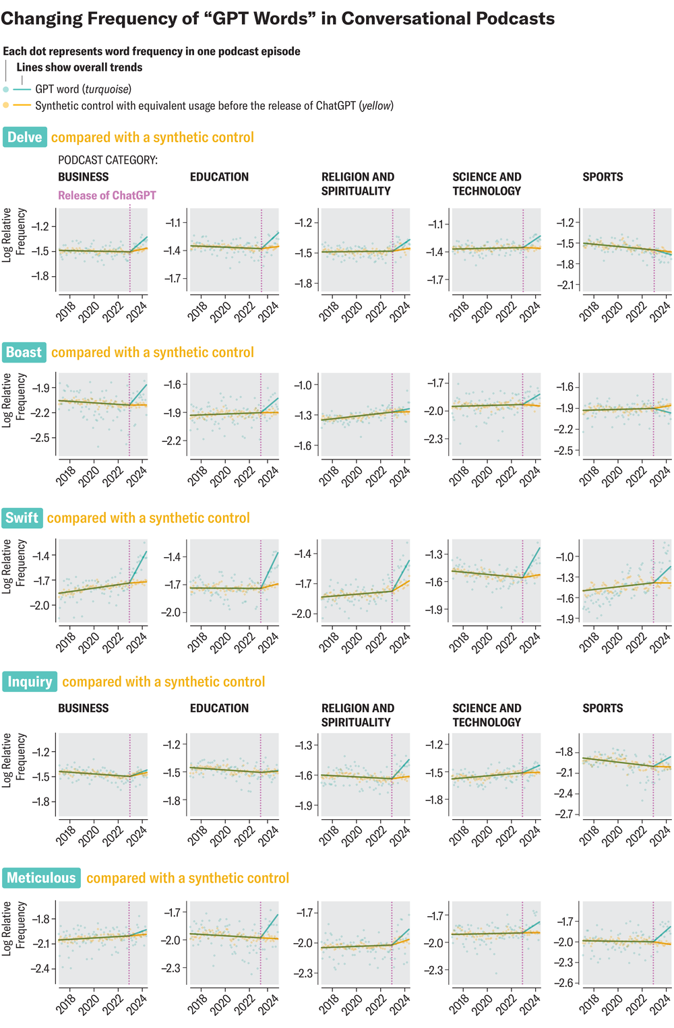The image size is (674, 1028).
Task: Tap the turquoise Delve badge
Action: coord(25,137)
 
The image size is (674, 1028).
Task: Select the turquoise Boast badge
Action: coord(24,352)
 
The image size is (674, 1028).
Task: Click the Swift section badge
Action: coord(22,518)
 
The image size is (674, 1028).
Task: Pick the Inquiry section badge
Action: coord(30,682)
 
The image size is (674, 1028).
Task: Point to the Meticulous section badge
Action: coord(41,878)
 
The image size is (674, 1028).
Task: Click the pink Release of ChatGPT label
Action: coord(106,195)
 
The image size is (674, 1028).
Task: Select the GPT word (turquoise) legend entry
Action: coord(83,89)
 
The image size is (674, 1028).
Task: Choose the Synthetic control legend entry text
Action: coord(214,106)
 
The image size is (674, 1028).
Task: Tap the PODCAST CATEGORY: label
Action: coord(108,160)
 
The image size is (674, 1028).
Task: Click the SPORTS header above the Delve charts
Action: coord(603,177)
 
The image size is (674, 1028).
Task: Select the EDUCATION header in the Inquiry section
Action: coord(219,709)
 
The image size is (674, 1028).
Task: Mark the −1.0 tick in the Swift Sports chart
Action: coord(565,556)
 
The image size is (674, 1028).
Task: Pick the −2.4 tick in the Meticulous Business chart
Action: coord(41,969)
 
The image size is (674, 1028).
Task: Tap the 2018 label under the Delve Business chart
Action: coord(65,311)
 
